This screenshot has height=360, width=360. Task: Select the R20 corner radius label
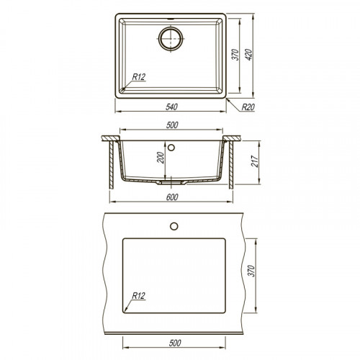248,107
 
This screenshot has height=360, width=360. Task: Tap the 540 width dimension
171,107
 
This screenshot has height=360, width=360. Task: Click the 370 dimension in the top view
235,55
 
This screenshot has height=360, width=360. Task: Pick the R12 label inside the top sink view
139,77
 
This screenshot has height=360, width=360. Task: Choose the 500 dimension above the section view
172,125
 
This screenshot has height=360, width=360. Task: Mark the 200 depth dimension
161,158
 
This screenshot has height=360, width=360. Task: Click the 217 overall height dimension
254,161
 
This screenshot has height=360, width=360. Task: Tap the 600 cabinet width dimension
172,197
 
